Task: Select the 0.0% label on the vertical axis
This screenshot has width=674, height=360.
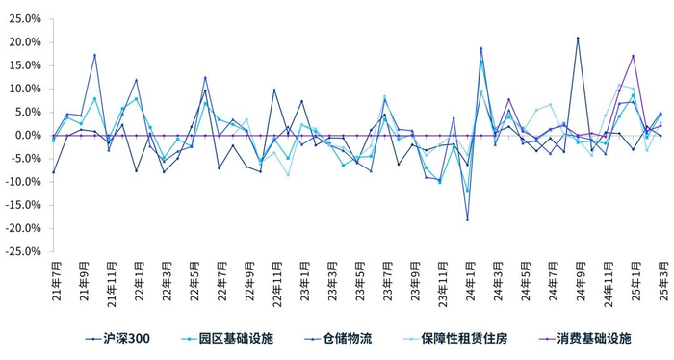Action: [28, 136]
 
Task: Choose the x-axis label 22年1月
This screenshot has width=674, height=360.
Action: [137, 279]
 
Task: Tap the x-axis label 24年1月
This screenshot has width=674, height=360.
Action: [468, 279]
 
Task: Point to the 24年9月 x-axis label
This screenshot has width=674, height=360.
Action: [578, 279]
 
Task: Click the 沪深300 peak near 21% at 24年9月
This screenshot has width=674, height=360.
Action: [578, 39]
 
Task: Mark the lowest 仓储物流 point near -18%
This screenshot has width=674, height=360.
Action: [468, 220]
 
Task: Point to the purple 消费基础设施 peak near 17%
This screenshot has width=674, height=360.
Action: [633, 56]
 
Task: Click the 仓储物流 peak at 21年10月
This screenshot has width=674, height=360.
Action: [95, 55]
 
